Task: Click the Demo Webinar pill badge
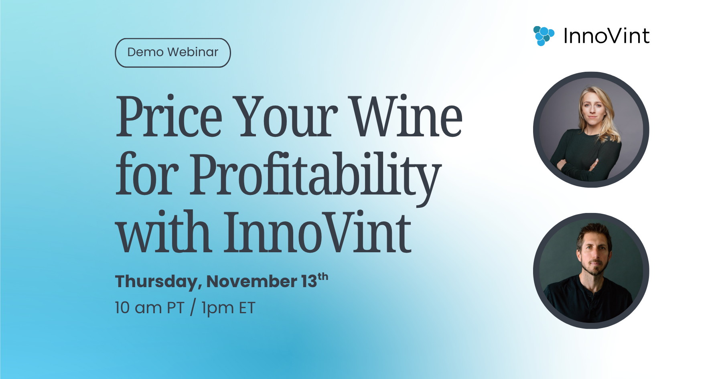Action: (x=173, y=53)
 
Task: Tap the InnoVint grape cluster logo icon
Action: (x=544, y=36)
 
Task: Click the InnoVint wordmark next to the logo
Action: (x=606, y=36)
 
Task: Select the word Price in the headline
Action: (x=169, y=116)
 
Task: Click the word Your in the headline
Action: (x=285, y=116)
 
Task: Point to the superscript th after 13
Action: (x=323, y=277)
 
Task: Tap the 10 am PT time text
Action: (x=149, y=308)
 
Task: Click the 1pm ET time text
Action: (x=228, y=308)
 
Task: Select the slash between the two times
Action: (x=193, y=308)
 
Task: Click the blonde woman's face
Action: (x=592, y=108)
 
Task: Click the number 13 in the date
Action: (x=309, y=282)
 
